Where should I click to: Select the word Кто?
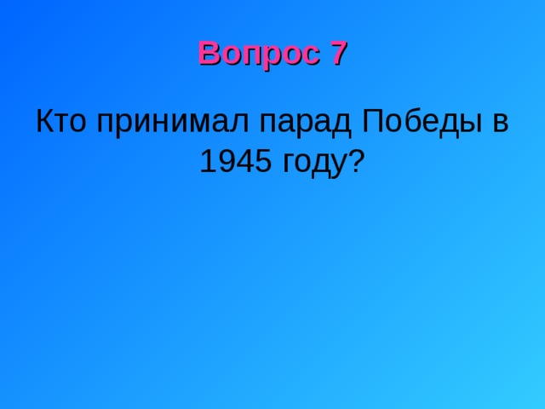click(61, 122)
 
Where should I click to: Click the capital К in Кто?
click(45, 122)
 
